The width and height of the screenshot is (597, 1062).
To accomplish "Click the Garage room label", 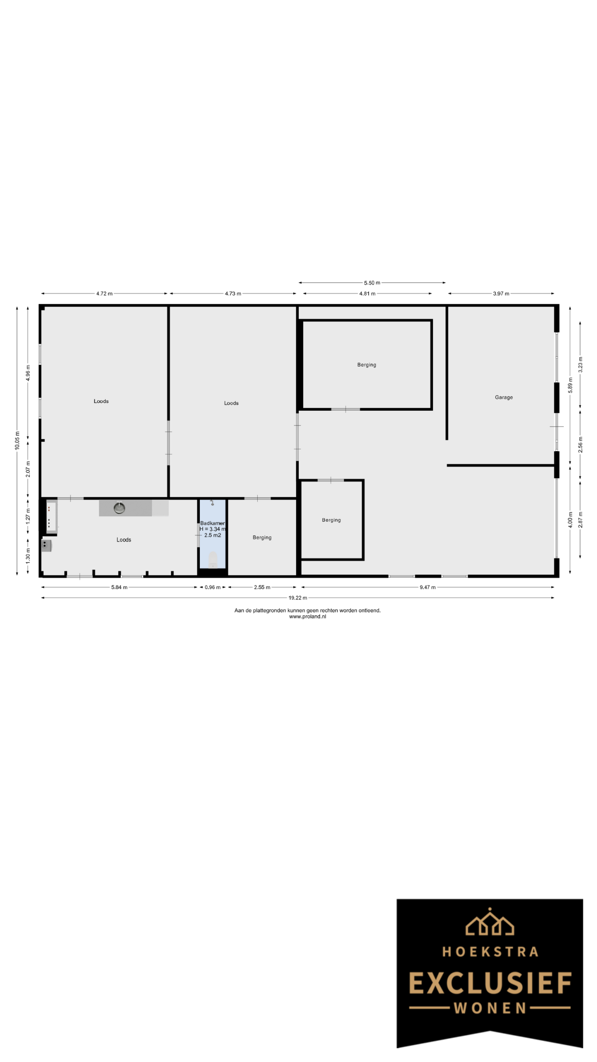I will click(504, 397).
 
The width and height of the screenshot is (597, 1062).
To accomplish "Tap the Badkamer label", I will click(212, 524).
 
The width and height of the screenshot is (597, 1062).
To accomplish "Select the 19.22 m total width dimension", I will click(298, 598).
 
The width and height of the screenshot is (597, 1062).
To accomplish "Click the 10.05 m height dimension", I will click(17, 441).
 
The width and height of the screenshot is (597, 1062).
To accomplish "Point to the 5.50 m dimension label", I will click(372, 283).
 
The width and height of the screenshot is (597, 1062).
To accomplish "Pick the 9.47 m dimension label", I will click(427, 587).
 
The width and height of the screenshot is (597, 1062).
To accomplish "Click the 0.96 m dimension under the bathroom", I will click(213, 587).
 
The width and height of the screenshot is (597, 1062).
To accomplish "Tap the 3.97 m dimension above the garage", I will click(501, 294).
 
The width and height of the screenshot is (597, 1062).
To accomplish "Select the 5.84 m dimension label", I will click(119, 587).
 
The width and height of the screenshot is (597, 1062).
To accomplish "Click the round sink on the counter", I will click(120, 508).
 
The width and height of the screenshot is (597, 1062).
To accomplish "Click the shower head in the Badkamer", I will click(212, 503).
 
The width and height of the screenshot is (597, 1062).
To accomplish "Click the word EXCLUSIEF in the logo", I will click(490, 984).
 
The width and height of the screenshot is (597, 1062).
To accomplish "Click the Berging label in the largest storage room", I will click(366, 365).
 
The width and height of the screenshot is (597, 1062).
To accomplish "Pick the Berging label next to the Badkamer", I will click(262, 538).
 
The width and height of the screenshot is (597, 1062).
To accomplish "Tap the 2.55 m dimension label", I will click(262, 587).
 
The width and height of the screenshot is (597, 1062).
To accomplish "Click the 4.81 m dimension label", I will click(367, 294).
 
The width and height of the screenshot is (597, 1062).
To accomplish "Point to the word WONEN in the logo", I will click(490, 1008).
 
